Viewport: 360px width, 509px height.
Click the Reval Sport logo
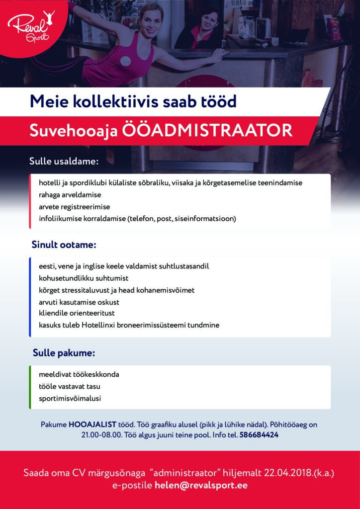(31, 26)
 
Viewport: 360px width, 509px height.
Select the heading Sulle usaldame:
(64, 162)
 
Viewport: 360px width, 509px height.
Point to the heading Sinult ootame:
(64, 245)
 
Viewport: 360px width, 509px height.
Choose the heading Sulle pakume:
(64, 353)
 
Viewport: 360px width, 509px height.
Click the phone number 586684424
(259, 435)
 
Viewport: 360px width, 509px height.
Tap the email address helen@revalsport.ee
(201, 486)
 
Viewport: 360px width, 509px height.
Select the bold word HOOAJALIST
(92, 424)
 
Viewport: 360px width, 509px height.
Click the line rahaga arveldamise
(70, 195)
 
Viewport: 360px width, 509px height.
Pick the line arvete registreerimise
(75, 207)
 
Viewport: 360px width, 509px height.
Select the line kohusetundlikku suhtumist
(84, 278)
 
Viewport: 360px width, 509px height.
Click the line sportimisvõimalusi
(70, 398)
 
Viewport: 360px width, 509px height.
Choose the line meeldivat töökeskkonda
(79, 374)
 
